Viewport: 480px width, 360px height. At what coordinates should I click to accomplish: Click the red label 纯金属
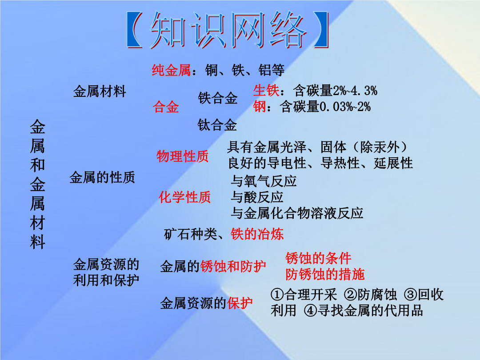coord(172,70)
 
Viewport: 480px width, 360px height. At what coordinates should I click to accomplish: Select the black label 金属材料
coord(100,92)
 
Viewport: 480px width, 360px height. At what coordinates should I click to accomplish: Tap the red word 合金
coord(166,107)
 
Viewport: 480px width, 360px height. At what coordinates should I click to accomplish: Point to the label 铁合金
coord(218,98)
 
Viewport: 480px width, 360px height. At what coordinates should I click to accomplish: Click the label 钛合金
coord(217,125)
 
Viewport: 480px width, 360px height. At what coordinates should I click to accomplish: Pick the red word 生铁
coord(266,91)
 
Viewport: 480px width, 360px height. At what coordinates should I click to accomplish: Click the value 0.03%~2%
coord(345,107)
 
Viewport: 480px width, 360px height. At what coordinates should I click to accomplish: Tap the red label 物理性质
coord(183,156)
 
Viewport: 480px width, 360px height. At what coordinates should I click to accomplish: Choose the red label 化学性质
coord(184,197)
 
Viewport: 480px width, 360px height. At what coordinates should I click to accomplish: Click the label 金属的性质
coord(102,177)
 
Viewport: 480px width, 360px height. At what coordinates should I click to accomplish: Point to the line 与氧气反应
coord(264,181)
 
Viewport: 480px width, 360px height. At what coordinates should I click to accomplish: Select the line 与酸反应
coord(257,197)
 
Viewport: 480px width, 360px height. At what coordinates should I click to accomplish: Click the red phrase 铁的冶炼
coord(257,234)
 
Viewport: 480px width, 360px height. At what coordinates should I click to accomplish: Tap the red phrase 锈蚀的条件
coord(318,258)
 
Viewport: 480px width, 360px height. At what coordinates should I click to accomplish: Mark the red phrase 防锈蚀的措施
coord(325,274)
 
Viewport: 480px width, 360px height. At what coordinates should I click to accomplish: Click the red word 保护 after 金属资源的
coord(240,304)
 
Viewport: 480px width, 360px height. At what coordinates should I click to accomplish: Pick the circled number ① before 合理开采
coord(277,295)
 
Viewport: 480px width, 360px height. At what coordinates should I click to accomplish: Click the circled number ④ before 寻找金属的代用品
coord(310,311)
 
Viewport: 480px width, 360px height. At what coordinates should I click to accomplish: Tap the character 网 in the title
coord(247,30)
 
